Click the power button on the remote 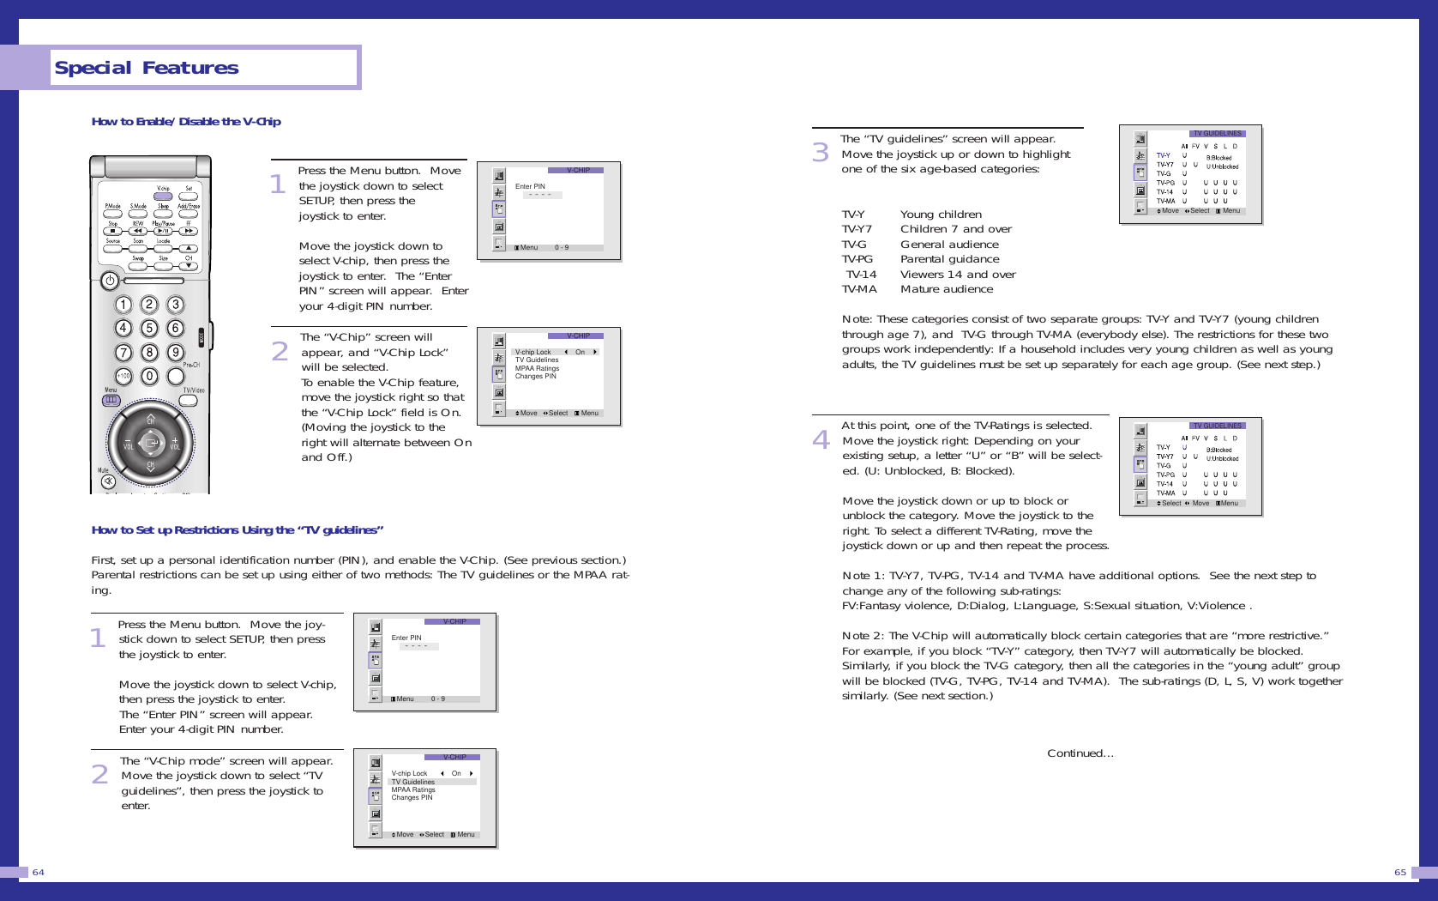110,280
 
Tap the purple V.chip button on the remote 163,197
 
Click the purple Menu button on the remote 111,400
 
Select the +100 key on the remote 123,376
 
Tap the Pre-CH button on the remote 176,376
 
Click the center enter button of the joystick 151,443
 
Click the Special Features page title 147,68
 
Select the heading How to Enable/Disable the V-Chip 186,122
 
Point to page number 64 39,872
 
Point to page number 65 1399,872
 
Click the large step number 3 821,152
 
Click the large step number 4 821,439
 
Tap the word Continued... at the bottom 1080,753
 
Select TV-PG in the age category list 857,259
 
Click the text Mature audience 946,289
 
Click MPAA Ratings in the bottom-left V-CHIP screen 412,789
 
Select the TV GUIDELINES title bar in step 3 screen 1217,133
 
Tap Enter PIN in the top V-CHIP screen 530,186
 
